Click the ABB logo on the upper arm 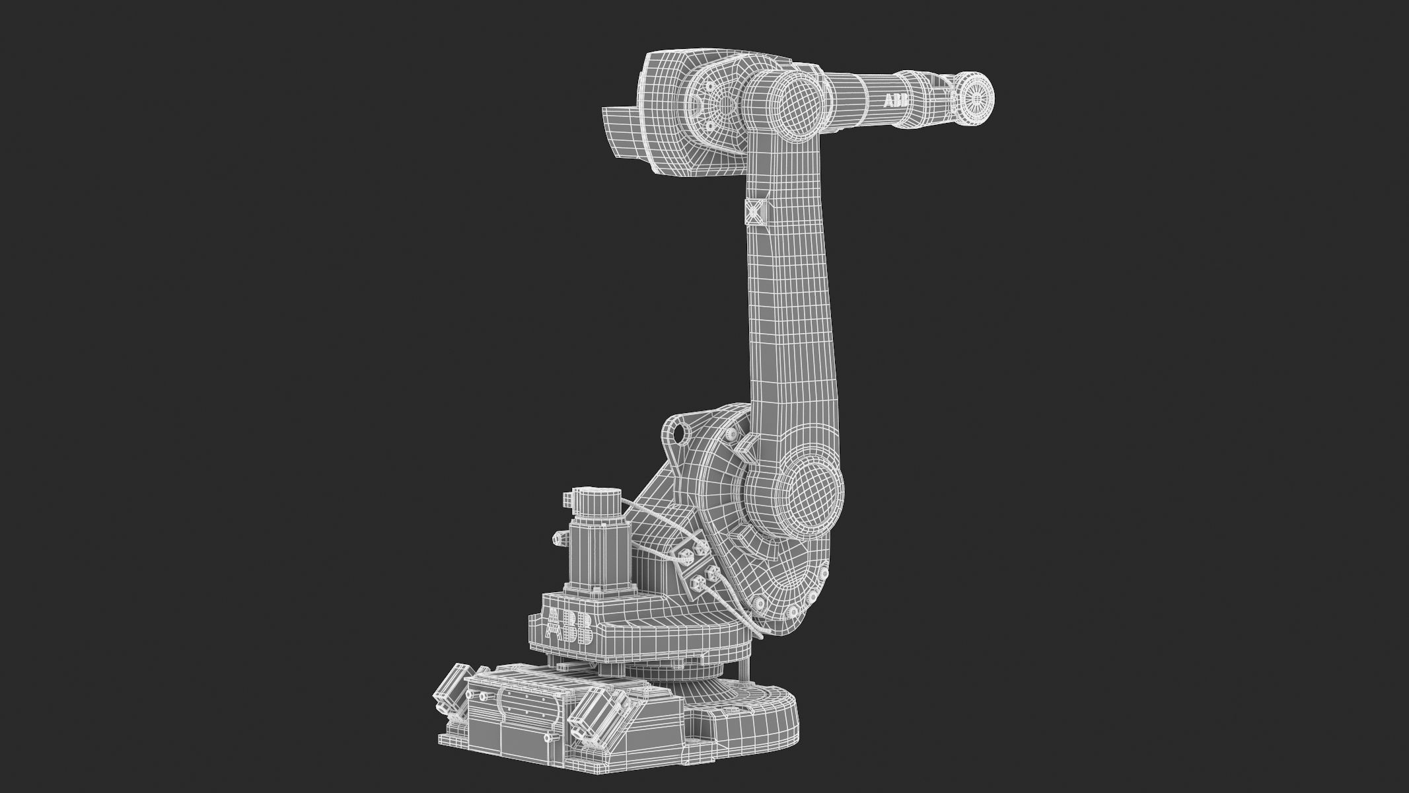[896, 101]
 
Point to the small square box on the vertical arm [753, 211]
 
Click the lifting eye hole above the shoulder [677, 433]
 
